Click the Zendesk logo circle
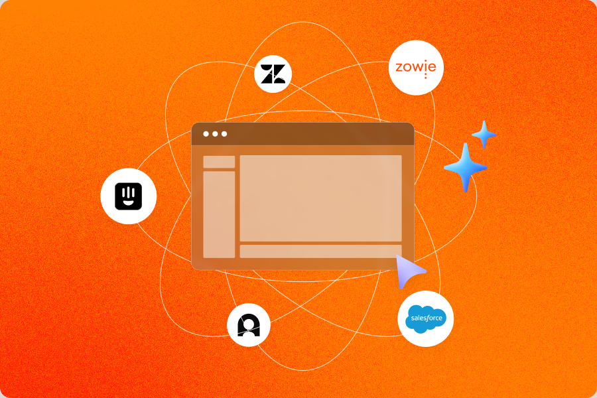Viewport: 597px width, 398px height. coord(273,74)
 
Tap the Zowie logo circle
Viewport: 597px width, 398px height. coord(416,68)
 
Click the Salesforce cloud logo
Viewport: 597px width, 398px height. coord(425,318)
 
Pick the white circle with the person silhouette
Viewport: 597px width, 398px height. coord(249,325)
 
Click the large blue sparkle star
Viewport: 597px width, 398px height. coord(466,167)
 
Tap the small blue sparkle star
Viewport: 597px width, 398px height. coord(484,135)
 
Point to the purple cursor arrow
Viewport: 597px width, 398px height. coord(409,271)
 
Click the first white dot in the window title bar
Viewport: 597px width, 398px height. coord(206,134)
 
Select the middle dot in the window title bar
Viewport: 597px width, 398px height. coord(215,134)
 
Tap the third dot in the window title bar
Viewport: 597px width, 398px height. coord(224,134)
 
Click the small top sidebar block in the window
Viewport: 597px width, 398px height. coord(219,162)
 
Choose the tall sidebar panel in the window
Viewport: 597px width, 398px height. coord(219,214)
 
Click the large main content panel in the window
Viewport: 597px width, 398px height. coord(320,198)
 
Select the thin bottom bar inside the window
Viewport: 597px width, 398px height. coord(320,251)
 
